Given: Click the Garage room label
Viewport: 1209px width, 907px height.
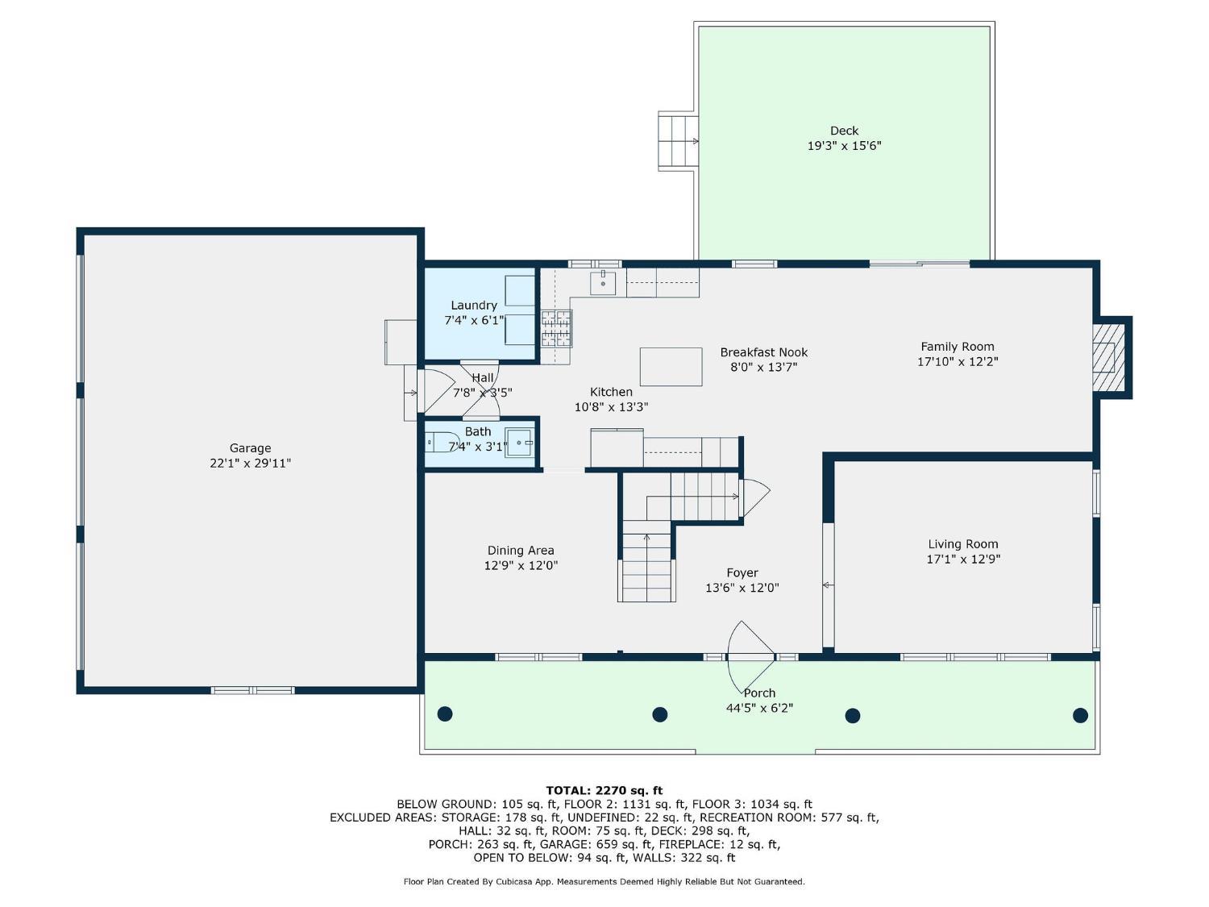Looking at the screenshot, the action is [x=250, y=448].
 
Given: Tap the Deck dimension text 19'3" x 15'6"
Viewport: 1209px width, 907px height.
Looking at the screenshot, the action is [x=844, y=146].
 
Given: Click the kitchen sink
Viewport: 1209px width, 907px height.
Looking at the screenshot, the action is [x=603, y=283].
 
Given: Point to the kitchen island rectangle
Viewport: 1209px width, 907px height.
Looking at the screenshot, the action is [x=671, y=367].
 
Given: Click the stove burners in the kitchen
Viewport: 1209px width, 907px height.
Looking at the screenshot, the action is [x=556, y=329].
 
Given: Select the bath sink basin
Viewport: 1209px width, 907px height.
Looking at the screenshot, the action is [x=519, y=443].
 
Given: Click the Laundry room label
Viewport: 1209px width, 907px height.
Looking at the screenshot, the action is [x=474, y=306].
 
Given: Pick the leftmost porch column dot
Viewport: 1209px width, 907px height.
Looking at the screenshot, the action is [x=444, y=714].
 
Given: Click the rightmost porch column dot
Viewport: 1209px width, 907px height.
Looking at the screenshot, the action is [x=1080, y=715].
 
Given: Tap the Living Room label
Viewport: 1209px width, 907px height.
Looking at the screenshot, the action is [x=963, y=544].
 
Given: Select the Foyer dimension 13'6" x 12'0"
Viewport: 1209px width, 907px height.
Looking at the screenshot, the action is [x=742, y=588].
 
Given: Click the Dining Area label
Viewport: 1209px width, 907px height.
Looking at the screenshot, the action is [x=521, y=550].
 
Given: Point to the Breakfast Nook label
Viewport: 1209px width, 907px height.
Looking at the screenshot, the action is [x=764, y=352].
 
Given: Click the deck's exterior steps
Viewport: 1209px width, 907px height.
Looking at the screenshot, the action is [x=678, y=141].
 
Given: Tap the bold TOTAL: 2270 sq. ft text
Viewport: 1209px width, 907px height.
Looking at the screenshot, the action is [x=604, y=791].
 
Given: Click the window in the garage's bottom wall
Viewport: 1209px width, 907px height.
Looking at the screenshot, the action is [x=253, y=690].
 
